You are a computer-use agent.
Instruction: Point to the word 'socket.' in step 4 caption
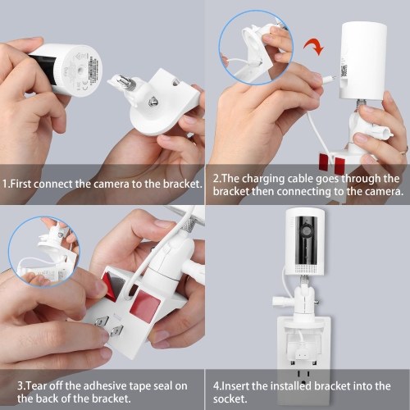point(230,399)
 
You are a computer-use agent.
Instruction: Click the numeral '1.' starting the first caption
point(6,184)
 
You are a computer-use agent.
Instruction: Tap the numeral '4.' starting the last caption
point(216,386)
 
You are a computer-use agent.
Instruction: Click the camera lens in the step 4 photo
point(307,230)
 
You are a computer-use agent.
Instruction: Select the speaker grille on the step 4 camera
point(307,268)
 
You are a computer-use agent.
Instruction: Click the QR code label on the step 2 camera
point(344,71)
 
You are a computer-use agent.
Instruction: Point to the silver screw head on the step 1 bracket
point(152,102)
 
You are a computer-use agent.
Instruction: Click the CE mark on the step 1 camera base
point(84,82)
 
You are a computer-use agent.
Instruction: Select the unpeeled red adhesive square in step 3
point(143,303)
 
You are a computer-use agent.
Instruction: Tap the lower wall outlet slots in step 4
point(303,376)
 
